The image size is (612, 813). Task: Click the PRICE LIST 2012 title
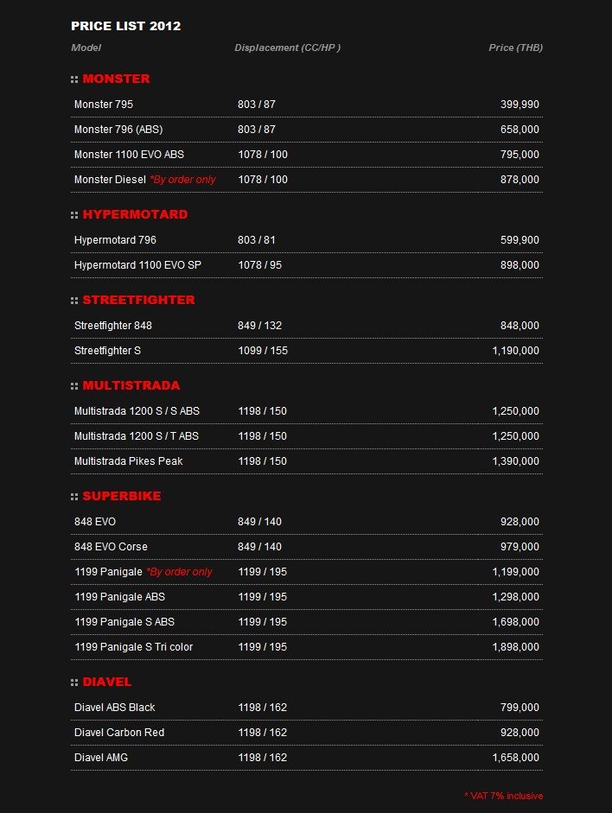point(126,26)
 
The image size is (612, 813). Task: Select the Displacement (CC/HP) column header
point(287,48)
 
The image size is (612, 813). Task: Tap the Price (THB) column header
point(515,48)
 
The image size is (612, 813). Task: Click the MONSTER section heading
point(116,79)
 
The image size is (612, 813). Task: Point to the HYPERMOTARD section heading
point(135,214)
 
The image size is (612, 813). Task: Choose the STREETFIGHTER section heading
point(138,300)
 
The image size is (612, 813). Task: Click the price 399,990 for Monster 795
point(520,105)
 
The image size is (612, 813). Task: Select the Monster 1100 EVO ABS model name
point(129,155)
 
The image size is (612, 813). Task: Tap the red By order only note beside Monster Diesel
point(182,180)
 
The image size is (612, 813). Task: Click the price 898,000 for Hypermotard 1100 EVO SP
point(520,265)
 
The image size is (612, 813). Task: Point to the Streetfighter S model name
point(107,351)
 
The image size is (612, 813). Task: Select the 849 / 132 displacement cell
point(259,326)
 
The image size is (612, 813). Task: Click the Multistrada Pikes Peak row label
point(128,461)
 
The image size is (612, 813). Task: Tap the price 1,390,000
point(515,461)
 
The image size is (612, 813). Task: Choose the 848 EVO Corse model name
point(111,547)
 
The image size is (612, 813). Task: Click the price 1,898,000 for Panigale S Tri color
point(515,647)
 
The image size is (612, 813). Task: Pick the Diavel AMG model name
point(101,758)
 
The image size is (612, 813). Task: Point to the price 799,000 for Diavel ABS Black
point(520,708)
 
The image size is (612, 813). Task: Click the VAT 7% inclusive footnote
point(503,796)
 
